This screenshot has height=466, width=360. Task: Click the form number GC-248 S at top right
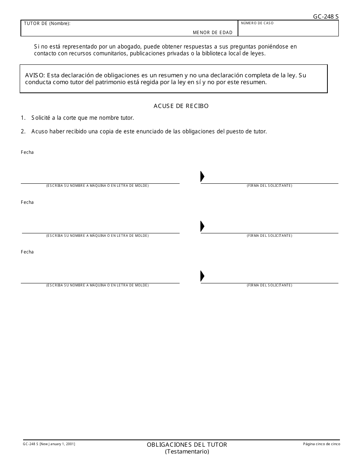coord(326,16)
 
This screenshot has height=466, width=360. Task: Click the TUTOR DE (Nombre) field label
coord(47,23)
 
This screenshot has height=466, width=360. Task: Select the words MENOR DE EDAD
coord(213,33)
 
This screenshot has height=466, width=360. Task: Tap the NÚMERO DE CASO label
coord(257,23)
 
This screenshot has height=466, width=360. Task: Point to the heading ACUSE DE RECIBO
coord(181,106)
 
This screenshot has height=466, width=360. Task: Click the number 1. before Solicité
coord(23,118)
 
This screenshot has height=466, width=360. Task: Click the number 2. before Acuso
coord(23,131)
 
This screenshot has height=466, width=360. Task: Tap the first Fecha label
coord(27,152)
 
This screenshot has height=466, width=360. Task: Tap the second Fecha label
coord(27,202)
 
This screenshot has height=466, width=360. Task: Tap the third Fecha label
coord(27,252)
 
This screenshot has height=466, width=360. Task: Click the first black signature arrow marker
coord(202,177)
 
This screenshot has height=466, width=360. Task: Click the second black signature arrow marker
coord(202,226)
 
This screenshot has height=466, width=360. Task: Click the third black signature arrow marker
coord(202,276)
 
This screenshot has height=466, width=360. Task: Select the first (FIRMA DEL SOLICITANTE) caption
coord(269,186)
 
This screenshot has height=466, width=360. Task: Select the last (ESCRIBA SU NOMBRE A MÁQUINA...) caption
coord(97,285)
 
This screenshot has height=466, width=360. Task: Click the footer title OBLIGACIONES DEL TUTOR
coord(187,445)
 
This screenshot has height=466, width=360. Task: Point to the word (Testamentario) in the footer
coord(187,452)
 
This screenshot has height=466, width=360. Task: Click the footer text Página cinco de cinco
coord(321,444)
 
